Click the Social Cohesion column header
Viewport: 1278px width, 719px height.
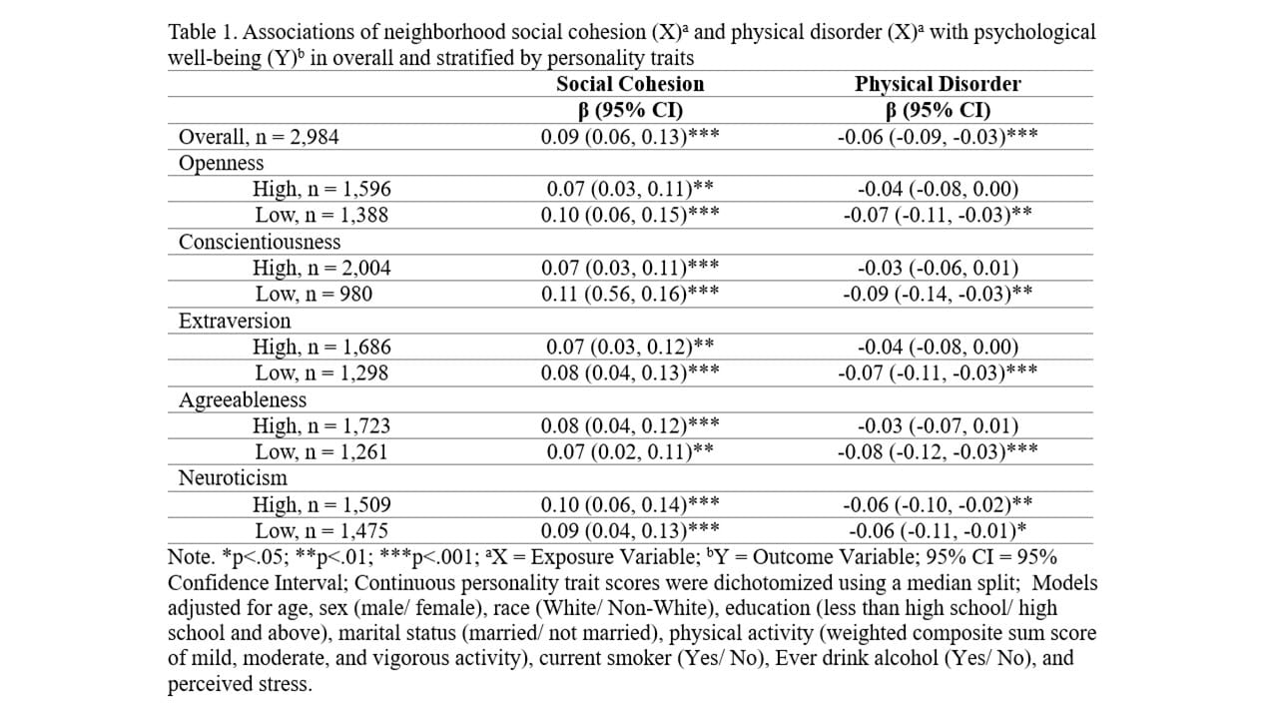click(630, 84)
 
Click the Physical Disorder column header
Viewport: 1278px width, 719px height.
click(938, 84)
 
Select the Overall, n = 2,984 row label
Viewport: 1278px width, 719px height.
click(259, 137)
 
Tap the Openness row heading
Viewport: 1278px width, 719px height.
click(222, 163)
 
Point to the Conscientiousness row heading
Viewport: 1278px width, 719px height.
click(260, 242)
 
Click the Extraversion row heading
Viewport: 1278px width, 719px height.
click(235, 321)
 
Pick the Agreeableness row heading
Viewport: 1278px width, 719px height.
click(243, 399)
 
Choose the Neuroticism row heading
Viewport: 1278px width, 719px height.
click(233, 477)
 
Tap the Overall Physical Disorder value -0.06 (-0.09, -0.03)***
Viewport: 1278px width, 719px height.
click(938, 137)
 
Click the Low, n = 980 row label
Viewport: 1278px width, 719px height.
click(314, 294)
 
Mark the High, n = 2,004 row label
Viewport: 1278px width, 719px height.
click(321, 268)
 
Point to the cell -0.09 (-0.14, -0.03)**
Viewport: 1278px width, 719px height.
click(938, 294)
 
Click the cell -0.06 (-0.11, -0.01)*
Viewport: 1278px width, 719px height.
click(938, 530)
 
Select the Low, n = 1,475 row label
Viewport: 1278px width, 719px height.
click(321, 530)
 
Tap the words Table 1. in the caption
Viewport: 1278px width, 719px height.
click(202, 32)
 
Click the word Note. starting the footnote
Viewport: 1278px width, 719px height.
click(191, 557)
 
